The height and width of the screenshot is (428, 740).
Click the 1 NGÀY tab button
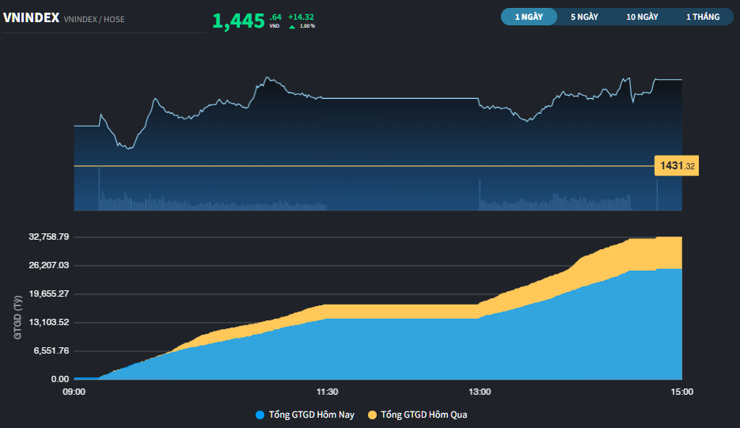(529, 17)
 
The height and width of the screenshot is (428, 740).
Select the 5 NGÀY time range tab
(584, 17)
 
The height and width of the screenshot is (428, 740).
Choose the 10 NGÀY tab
(642, 17)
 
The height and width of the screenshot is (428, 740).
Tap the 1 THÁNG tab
(703, 17)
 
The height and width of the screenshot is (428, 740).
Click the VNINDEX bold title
(31, 17)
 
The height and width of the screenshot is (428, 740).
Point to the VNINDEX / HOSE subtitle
(94, 19)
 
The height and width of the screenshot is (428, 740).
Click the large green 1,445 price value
(238, 21)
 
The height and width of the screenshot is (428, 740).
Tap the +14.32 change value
(302, 17)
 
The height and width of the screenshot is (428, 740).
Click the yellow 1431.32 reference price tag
(676, 166)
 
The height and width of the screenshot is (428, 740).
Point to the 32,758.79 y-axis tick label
(49, 237)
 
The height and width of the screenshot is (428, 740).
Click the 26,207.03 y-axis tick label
(49, 265)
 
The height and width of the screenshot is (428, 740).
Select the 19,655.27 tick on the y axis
(49, 294)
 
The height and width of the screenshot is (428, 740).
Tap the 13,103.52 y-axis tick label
(49, 322)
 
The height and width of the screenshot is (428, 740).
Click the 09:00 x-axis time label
(74, 392)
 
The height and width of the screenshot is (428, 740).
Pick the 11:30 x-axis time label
(328, 392)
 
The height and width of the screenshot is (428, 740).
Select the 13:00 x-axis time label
(480, 392)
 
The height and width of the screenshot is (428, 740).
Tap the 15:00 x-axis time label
(681, 392)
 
